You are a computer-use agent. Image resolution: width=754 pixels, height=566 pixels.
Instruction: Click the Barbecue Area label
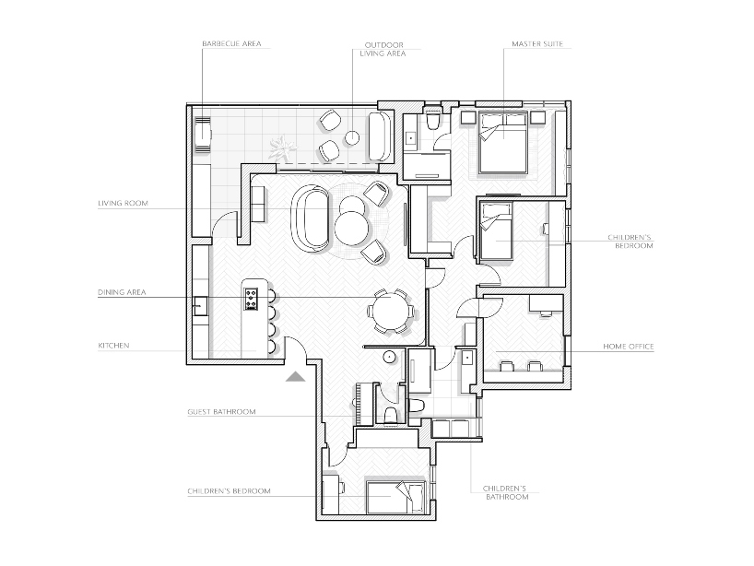point(231,43)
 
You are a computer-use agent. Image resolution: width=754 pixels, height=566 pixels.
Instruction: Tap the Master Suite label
point(537,43)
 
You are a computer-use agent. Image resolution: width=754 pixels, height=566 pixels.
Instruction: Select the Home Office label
point(629,347)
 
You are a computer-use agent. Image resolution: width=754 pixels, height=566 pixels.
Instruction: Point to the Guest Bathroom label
point(221,412)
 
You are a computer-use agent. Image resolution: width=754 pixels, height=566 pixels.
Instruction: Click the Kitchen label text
point(113,346)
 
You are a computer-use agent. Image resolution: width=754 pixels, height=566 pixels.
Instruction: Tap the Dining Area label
point(122,292)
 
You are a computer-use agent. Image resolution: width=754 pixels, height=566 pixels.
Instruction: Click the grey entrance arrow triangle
point(295,376)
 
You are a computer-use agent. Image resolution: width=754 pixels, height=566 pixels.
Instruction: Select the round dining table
point(391,310)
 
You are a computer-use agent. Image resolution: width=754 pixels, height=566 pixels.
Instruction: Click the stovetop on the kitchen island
point(251,299)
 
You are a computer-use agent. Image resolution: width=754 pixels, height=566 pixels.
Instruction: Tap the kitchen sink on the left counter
point(200,306)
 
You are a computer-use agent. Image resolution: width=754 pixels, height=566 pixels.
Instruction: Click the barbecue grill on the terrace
point(203,136)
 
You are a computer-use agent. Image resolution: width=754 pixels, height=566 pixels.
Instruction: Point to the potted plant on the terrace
point(281,147)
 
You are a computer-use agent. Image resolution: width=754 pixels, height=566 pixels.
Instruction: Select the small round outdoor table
point(352,138)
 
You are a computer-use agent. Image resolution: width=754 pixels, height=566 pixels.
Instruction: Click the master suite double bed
point(503,143)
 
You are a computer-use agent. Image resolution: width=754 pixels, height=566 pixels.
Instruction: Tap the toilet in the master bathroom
point(433,120)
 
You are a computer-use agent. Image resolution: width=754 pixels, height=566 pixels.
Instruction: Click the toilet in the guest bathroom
point(391,414)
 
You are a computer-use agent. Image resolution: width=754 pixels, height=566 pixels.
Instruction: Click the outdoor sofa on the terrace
point(382,136)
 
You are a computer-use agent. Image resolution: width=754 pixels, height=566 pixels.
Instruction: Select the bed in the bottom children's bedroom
point(395,497)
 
